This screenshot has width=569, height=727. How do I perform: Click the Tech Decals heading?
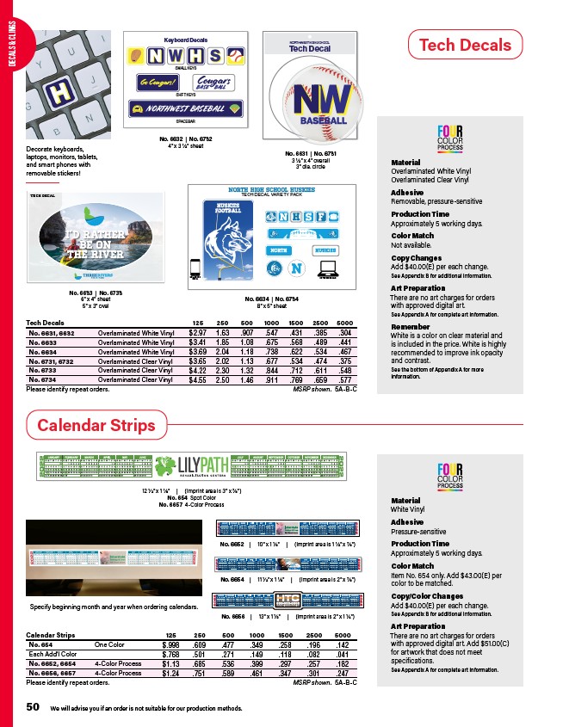click(464, 46)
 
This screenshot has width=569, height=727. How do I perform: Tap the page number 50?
click(33, 706)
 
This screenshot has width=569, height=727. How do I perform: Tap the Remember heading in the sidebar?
click(410, 327)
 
